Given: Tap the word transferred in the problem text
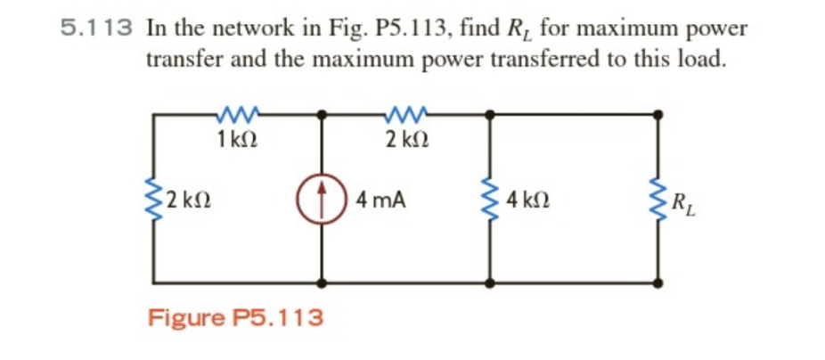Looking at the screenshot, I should click(539, 61).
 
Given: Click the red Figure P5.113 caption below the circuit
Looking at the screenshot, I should click(235, 318).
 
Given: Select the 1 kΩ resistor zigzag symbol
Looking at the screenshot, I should click(237, 114).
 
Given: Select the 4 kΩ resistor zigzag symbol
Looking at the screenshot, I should click(489, 199).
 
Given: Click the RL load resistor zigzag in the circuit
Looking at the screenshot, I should click(658, 199).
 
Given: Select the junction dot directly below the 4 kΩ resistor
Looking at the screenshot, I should click(489, 282).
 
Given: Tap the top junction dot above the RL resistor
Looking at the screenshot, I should click(658, 114).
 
